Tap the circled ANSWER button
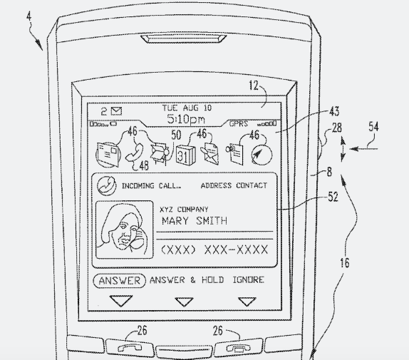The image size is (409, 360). pyautogui.click(x=120, y=281)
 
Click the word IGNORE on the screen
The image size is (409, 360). pyautogui.click(x=248, y=280)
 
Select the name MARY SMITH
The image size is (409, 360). pyautogui.click(x=195, y=221)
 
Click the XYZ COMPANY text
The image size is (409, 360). pyautogui.click(x=184, y=209)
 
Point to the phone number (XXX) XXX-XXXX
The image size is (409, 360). pyautogui.click(x=214, y=250)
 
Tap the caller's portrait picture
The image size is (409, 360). pyautogui.click(x=125, y=230)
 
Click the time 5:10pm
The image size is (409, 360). pyautogui.click(x=186, y=119)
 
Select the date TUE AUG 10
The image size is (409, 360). pyautogui.click(x=187, y=108)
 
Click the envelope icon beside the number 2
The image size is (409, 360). pyautogui.click(x=116, y=111)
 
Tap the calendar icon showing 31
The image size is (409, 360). pyautogui.click(x=185, y=155)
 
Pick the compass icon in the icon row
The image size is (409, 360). pyautogui.click(x=262, y=155)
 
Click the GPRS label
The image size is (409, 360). pyautogui.click(x=239, y=123)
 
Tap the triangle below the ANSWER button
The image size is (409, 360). pyautogui.click(x=121, y=301)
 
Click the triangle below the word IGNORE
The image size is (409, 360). pyautogui.click(x=247, y=302)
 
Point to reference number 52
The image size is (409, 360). pyautogui.click(x=333, y=197)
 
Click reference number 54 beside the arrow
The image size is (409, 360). pyautogui.click(x=373, y=127)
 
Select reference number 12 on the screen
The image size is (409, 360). pyautogui.click(x=254, y=86)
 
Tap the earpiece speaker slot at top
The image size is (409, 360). pyautogui.click(x=183, y=38)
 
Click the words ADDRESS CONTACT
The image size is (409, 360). pyautogui.click(x=234, y=185)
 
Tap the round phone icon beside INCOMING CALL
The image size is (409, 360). pyautogui.click(x=106, y=185)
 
